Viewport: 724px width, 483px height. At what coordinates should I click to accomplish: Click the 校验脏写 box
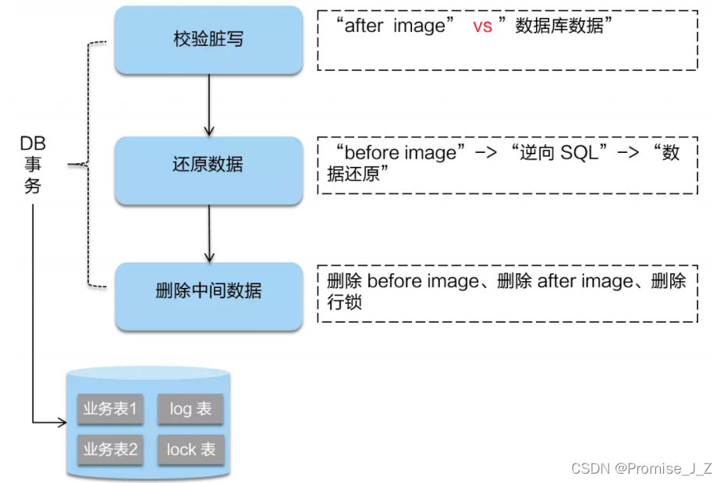[x=208, y=39]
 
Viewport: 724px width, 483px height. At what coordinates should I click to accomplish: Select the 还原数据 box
[x=208, y=165]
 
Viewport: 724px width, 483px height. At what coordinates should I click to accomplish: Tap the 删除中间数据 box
[x=208, y=291]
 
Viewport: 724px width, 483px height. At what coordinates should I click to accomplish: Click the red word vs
[x=482, y=26]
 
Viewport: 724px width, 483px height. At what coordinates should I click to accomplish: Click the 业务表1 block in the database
[x=110, y=409]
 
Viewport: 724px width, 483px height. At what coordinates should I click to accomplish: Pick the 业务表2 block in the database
[x=110, y=449]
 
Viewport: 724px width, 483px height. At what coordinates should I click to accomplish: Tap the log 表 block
[x=190, y=409]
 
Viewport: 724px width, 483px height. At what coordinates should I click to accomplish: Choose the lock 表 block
[x=190, y=449]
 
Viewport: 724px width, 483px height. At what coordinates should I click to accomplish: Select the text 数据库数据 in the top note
[x=559, y=26]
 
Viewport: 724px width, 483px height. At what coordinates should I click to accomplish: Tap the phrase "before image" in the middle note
[x=399, y=152]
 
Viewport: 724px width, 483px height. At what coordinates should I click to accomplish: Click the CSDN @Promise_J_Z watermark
[x=641, y=468]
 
